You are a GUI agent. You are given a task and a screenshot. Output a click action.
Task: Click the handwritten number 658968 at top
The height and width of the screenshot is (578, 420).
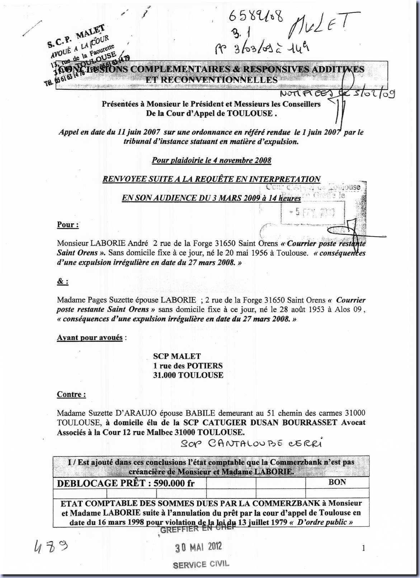click(x=256, y=16)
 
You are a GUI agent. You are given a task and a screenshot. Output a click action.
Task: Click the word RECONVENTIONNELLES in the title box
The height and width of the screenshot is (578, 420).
click(x=211, y=80)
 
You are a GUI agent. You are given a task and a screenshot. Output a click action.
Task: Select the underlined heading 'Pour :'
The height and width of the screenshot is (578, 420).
click(x=68, y=225)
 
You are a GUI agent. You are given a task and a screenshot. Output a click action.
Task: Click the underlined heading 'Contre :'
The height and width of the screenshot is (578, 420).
click(x=71, y=394)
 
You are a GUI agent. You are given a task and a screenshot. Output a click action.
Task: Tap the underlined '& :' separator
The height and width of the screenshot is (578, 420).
click(x=63, y=281)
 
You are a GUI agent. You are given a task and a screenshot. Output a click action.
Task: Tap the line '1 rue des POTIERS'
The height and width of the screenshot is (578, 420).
click(x=188, y=366)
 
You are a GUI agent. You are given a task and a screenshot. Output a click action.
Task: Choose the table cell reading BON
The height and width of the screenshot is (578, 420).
click(x=337, y=482)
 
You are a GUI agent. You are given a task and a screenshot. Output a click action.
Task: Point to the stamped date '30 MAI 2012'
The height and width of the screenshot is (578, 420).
click(x=198, y=547)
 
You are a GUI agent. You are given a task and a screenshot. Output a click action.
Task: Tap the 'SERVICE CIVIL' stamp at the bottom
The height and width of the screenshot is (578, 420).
click(x=200, y=564)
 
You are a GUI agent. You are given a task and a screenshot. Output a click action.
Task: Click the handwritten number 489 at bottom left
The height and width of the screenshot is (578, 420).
click(x=51, y=547)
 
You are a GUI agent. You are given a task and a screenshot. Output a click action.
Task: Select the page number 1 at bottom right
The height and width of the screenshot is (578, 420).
click(x=364, y=548)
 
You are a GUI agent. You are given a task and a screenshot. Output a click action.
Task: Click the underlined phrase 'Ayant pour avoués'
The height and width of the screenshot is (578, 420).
click(x=90, y=337)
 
